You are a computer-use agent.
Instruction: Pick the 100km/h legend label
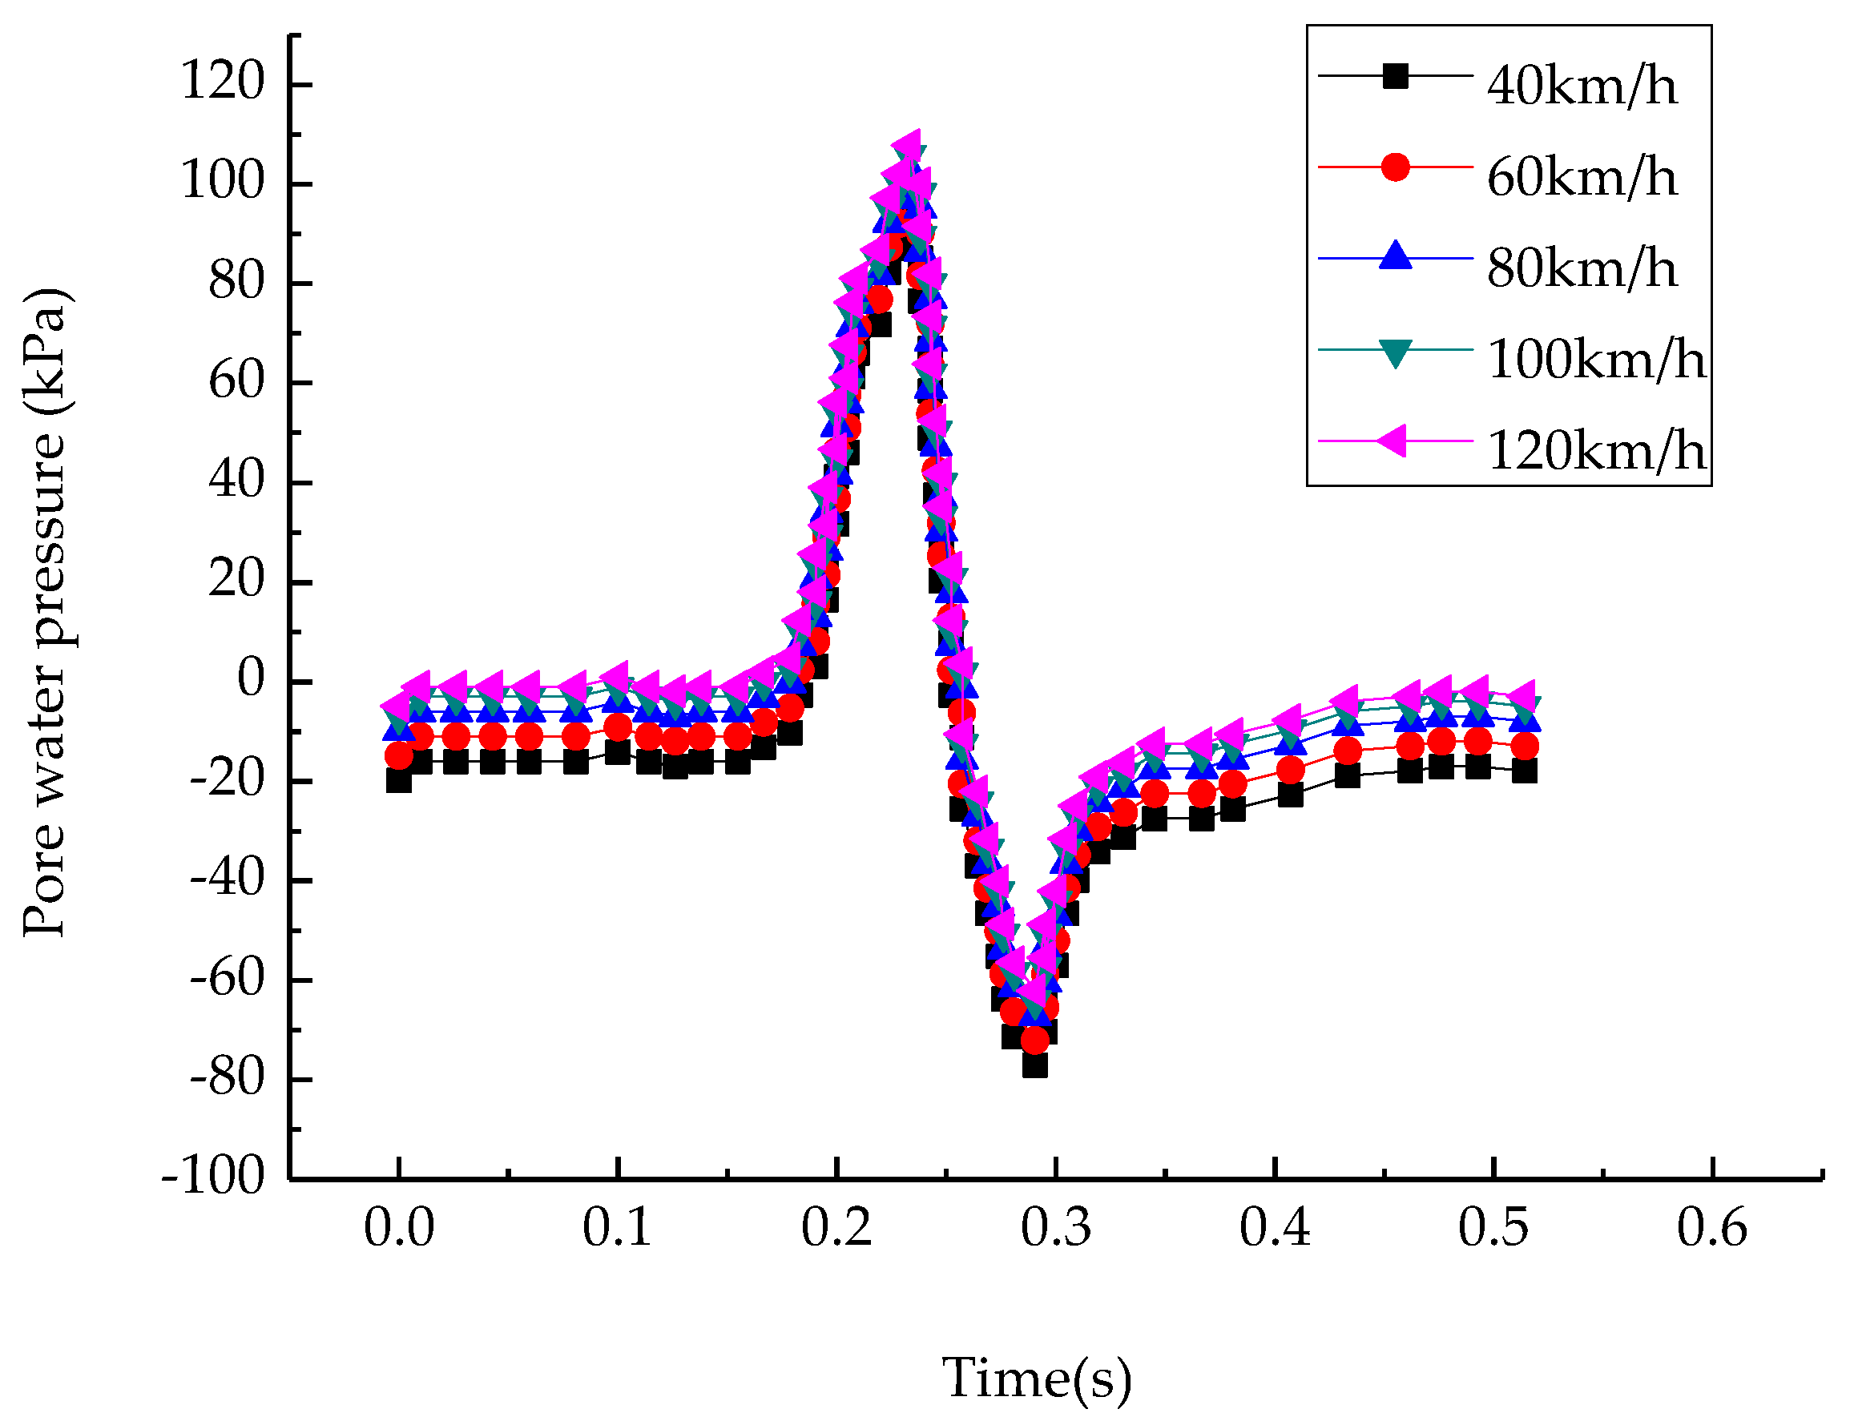tap(1595, 359)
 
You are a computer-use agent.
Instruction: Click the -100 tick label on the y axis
tap(213, 1177)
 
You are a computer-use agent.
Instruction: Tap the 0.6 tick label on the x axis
tap(1711, 1227)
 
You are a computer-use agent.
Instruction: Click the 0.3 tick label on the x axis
tap(1055, 1227)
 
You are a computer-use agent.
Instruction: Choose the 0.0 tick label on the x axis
tap(398, 1227)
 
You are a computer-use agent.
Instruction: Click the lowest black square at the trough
tap(1034, 1064)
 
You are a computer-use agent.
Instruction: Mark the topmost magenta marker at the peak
tap(908, 146)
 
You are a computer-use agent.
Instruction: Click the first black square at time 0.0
tap(398, 780)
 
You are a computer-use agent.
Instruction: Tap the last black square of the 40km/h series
tap(1523, 771)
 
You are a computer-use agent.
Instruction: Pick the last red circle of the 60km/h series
tap(1523, 746)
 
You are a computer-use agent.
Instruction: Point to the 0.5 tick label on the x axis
tap(1493, 1227)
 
